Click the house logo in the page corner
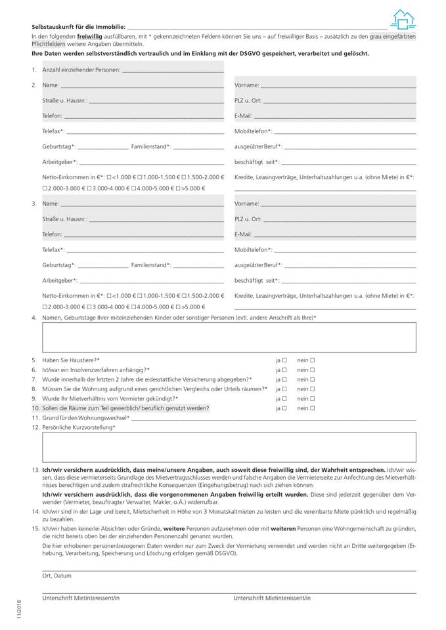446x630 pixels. (403, 20)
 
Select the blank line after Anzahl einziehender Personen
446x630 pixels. (172, 70)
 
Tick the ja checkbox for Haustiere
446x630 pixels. (284, 360)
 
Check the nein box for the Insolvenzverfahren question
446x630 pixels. (312, 370)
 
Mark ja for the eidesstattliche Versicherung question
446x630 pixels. (284, 379)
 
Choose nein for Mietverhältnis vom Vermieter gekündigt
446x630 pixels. (312, 398)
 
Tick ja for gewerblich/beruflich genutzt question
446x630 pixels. (284, 408)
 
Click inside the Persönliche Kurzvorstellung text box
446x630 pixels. (229, 448)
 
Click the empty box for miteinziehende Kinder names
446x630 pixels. (229, 337)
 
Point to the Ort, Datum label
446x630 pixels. (57, 576)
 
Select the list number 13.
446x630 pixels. (35, 471)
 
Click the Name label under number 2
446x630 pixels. (51, 85)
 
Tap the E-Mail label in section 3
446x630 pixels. (243, 234)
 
